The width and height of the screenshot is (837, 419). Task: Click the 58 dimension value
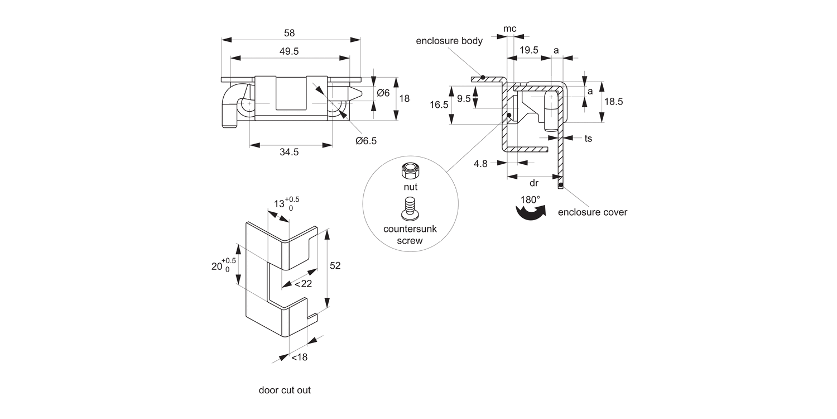tap(289, 33)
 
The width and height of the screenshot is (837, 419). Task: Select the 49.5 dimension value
tap(289, 51)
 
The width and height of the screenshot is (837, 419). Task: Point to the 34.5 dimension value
tap(289, 152)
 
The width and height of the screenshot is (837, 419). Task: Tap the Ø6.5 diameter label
tap(366, 141)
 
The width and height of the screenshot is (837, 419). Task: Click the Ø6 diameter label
tap(383, 93)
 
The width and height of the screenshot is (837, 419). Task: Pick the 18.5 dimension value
tap(614, 101)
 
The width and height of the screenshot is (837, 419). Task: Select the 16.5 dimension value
tap(439, 105)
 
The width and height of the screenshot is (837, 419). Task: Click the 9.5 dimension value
tap(464, 99)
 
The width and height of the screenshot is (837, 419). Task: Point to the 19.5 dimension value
tap(529, 50)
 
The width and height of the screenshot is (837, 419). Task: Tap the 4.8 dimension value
tap(480, 164)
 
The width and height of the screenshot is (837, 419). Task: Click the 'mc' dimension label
tap(509, 29)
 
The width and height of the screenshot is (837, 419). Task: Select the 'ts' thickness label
tap(588, 139)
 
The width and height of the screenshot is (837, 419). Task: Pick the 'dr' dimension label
tap(534, 183)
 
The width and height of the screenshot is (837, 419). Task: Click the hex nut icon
tap(410, 172)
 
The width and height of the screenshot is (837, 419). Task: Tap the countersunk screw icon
tap(410, 208)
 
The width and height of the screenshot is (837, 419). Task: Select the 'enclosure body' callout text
tap(449, 41)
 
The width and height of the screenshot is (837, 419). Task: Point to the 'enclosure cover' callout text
tap(593, 212)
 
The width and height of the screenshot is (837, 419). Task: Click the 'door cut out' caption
tap(285, 390)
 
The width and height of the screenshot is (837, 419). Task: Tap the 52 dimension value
tap(335, 265)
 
